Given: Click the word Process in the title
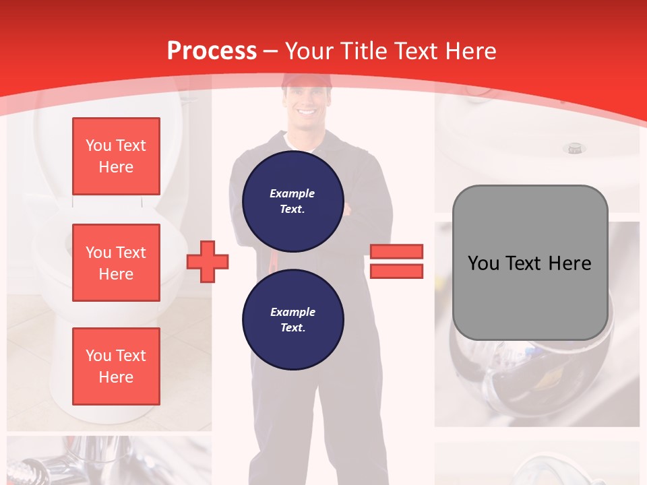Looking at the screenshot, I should pos(212,51).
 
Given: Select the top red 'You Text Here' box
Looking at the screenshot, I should pos(116,156).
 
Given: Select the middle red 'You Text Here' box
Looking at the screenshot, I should pos(116,263).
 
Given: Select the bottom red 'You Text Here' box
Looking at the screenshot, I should pos(116,366).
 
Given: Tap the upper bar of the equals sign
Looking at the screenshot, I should pos(396,251).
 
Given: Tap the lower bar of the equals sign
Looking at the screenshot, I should pos(396,271).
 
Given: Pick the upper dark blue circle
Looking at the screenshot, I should pos(293,201).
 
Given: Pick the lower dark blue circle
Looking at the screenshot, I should pos(293,320).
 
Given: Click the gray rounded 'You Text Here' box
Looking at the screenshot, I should pos(530,263).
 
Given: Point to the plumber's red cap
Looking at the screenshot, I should pos(307,81).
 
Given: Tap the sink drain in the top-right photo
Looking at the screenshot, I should pos(574,148).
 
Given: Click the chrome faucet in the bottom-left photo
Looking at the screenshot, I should pos(101,458).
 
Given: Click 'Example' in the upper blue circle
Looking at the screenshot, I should pos(292,193).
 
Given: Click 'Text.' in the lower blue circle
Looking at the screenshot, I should pos(293,328).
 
